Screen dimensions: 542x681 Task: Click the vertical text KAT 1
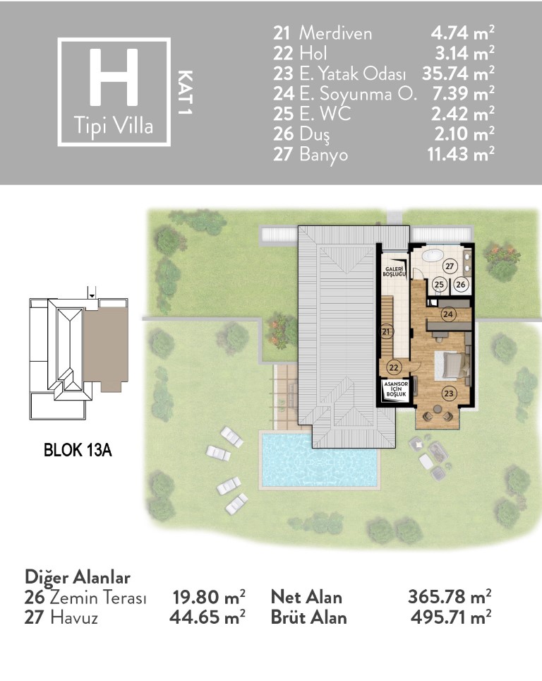(186, 92)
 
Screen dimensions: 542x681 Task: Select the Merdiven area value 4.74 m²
(462, 33)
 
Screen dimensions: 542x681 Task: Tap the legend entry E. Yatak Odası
(353, 73)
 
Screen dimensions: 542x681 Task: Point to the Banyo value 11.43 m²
(461, 154)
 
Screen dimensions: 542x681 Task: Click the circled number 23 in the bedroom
(449, 393)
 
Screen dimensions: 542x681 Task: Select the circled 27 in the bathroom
(450, 266)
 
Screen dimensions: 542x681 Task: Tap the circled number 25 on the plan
(439, 285)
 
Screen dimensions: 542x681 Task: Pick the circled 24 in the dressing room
(448, 314)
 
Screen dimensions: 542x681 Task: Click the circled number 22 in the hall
(394, 367)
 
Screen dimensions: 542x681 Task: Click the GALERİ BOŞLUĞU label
(395, 272)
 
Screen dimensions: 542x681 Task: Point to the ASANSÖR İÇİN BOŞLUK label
(396, 389)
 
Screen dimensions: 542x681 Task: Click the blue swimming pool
(320, 461)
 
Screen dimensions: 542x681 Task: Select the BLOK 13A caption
(78, 450)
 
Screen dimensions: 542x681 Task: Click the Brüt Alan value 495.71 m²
(451, 617)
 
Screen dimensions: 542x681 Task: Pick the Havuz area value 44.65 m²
(207, 617)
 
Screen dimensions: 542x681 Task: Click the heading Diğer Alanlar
(78, 578)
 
